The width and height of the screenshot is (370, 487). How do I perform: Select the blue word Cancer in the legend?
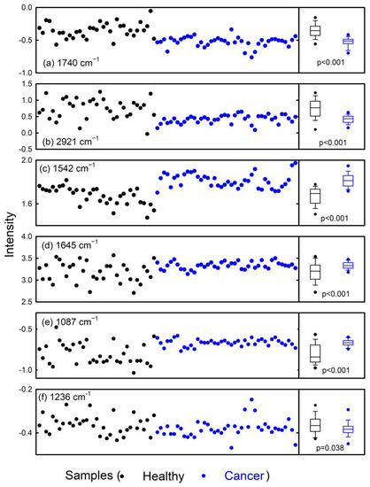pos(239,475)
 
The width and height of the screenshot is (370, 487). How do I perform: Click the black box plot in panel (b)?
pos(315,108)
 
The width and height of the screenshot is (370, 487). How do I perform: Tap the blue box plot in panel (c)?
pos(347,181)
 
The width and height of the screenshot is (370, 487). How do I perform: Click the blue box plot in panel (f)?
pos(347,429)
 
